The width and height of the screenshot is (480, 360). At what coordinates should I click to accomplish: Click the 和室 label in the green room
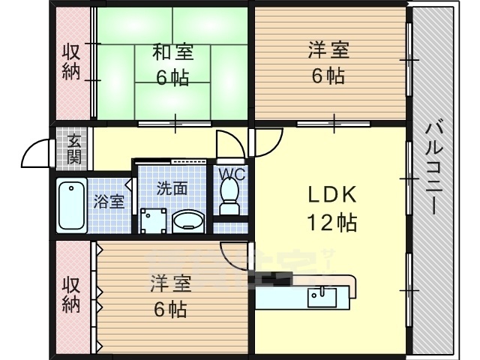173,52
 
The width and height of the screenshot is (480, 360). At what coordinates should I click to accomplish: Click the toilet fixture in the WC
228,197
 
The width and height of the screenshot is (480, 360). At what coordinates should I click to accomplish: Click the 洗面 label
172,188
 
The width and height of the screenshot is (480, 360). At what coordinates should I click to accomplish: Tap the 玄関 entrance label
73,148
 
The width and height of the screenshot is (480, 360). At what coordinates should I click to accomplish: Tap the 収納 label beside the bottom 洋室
71,295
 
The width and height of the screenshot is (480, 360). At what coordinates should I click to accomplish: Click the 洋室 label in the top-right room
328,52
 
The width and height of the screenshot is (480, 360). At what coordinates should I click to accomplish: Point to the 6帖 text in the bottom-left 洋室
170,308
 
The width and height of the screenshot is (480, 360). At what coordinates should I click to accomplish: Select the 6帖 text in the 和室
173,76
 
